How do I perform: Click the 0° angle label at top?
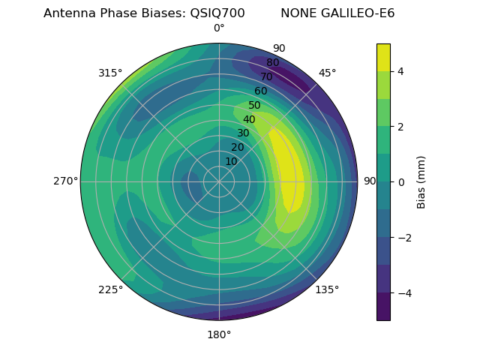(x=219, y=28)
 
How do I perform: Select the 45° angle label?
(x=328, y=73)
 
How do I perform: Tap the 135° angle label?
(x=327, y=289)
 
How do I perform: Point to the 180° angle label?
(x=219, y=334)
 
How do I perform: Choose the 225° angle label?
(x=110, y=289)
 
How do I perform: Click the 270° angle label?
(x=66, y=181)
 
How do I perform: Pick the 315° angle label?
(x=110, y=73)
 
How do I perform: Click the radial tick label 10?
(x=231, y=161)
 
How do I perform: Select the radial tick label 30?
(x=243, y=133)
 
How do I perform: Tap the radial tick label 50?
(x=255, y=106)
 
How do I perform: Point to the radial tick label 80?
(x=272, y=63)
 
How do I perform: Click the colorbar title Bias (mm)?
(x=421, y=181)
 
